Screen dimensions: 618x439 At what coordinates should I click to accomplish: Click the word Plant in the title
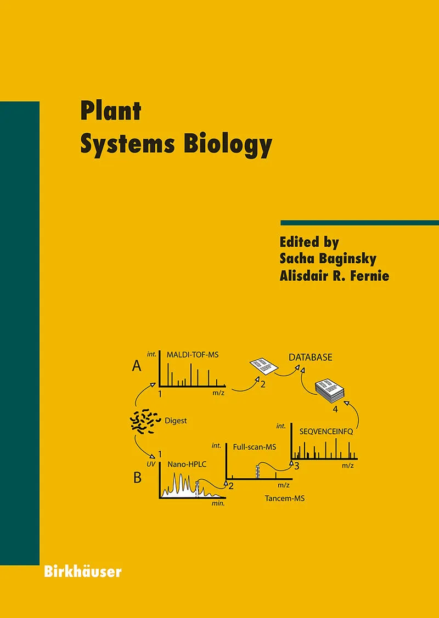111,111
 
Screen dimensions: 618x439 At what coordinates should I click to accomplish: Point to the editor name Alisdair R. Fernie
334,275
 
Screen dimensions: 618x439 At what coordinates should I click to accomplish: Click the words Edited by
309,241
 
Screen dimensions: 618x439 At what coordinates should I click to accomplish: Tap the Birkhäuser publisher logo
82,571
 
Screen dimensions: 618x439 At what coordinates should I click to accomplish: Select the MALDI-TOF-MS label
193,355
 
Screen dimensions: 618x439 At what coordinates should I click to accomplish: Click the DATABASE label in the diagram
311,358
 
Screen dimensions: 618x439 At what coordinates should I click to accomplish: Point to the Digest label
176,421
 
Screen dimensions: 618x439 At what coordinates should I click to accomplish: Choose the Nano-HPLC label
186,464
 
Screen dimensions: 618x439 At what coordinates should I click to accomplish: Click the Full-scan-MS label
254,447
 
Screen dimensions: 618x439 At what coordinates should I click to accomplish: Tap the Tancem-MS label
284,498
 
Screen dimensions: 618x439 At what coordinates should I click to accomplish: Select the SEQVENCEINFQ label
325,431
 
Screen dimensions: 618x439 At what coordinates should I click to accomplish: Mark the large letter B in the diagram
137,478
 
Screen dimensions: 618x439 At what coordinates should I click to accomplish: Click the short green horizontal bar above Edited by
359,223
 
